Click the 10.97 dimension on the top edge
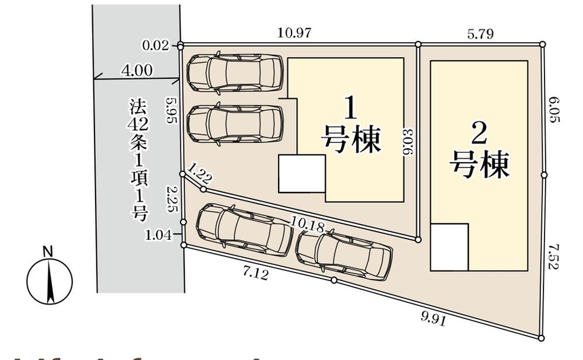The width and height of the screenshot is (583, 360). (294, 33)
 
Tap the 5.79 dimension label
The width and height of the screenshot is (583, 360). (480, 34)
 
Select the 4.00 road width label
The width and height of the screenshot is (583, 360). (136, 71)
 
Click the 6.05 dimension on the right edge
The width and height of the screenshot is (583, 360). (553, 110)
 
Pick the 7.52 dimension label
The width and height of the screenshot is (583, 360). (553, 257)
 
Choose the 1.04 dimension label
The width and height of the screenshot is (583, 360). (159, 236)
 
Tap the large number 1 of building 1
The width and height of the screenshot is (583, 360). (350, 109)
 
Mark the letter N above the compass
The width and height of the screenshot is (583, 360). (48, 252)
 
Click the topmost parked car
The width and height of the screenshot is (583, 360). (234, 72)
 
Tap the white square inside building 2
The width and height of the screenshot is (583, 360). (449, 247)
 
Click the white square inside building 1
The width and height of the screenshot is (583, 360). (301, 173)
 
